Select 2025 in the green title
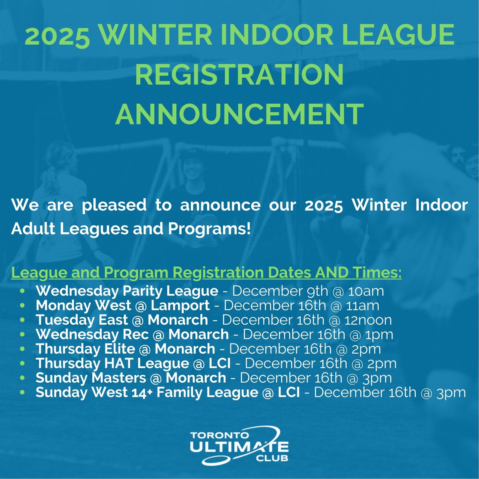[x=57, y=35]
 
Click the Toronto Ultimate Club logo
[x=239, y=445]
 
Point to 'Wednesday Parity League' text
[x=127, y=291]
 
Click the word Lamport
[x=180, y=306]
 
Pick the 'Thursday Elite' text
[x=85, y=349]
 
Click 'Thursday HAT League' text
[x=112, y=363]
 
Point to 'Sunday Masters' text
[x=91, y=378]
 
